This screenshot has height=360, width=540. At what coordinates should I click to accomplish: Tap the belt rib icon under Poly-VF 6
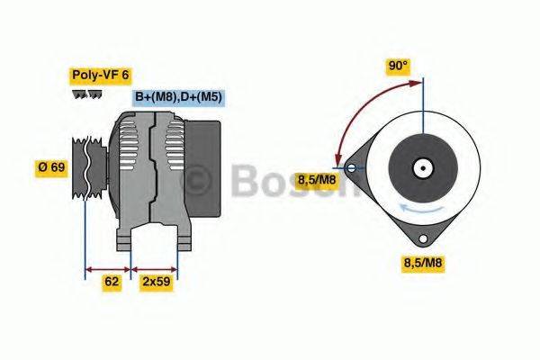pos(86,95)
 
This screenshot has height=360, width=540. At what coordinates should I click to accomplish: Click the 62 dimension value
pos(112,282)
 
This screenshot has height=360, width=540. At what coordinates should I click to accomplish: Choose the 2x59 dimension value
pos(157,282)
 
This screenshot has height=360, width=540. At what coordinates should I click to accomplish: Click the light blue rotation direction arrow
pos(422,207)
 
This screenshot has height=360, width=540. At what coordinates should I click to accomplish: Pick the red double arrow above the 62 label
pos(107,268)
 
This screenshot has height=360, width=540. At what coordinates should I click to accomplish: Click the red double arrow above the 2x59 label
pos(155,268)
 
